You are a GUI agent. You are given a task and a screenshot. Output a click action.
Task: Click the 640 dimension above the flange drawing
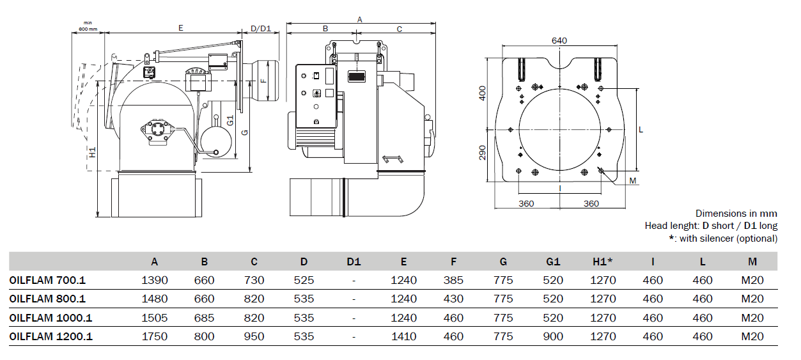pos(559,41)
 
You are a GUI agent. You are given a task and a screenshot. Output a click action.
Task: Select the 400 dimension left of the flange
pos(483,93)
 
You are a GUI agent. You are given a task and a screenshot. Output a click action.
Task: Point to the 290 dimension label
pos(483,152)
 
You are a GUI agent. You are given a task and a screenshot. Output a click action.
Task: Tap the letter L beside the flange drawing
pos(641,130)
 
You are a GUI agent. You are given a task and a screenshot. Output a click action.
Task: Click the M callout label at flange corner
pos(633,181)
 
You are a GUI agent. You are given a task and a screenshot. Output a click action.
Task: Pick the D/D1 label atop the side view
pos(261,29)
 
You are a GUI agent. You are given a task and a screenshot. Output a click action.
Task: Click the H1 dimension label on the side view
pos(93,152)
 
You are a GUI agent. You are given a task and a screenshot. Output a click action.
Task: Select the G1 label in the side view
pos(230,120)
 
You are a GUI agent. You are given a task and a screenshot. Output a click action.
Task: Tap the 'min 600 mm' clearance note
pos(88,26)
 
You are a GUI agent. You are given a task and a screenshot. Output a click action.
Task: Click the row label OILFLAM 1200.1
pos(51,336)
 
